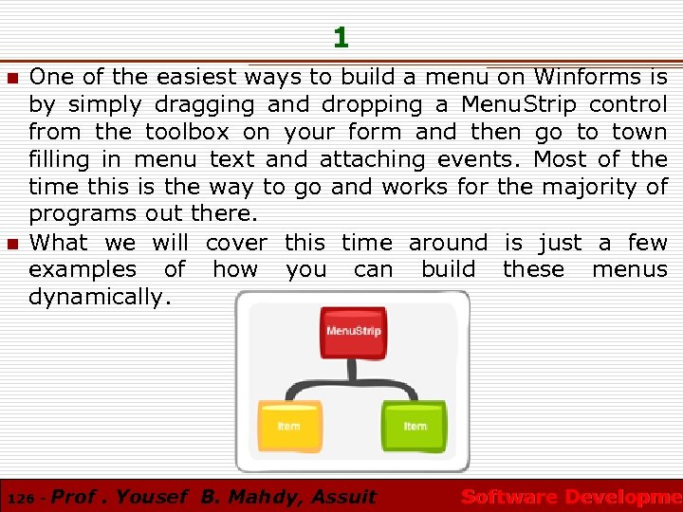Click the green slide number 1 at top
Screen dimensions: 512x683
coord(341,38)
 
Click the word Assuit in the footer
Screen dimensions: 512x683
coord(343,496)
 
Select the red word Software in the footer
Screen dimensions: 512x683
coord(508,496)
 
